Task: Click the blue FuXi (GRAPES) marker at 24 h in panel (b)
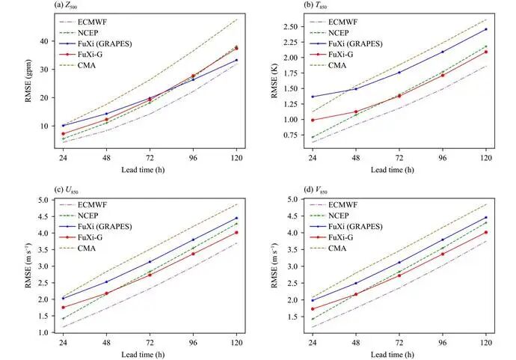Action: point(313,97)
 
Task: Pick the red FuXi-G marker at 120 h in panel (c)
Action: point(236,232)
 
